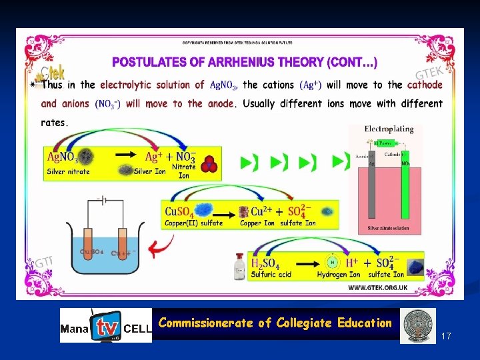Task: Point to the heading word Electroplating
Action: pyautogui.click(x=390, y=129)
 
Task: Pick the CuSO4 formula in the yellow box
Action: pyautogui.click(x=180, y=212)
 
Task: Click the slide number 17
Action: pyautogui.click(x=446, y=337)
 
